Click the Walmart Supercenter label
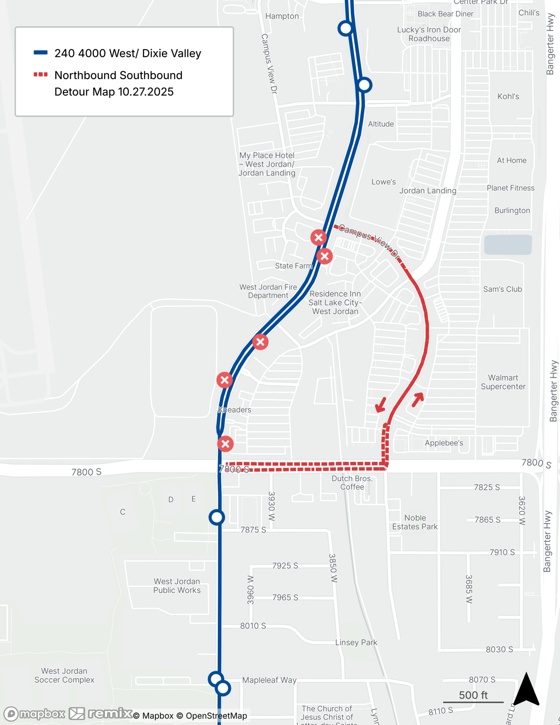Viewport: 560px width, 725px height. click(x=503, y=382)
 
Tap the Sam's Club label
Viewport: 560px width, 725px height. click(x=502, y=289)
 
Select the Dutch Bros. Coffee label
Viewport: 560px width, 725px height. click(x=352, y=482)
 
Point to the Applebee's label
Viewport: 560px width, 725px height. click(x=444, y=443)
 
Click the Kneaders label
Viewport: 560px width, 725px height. click(x=235, y=410)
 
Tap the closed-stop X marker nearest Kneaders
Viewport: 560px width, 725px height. click(x=225, y=380)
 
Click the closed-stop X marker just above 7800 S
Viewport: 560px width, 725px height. click(x=225, y=444)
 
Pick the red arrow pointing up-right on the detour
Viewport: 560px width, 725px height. click(x=418, y=399)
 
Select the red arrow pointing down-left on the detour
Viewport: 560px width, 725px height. click(x=380, y=405)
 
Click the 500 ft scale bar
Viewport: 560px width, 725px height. click(x=473, y=702)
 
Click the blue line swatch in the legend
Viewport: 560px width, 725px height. click(x=41, y=53)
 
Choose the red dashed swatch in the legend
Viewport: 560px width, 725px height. click(x=41, y=75)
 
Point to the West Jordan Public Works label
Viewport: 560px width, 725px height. click(x=177, y=586)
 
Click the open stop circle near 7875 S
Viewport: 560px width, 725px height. click(x=217, y=517)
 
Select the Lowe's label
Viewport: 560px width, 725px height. click(x=383, y=182)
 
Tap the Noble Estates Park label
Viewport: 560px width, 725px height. click(x=415, y=522)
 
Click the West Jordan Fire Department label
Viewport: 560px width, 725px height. click(x=268, y=291)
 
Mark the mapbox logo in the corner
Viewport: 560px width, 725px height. click(x=34, y=713)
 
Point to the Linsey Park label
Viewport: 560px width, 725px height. click(x=356, y=642)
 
